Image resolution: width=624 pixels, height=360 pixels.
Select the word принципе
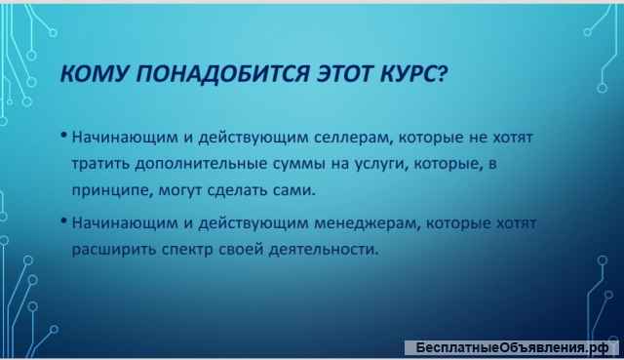tap(109, 186)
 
